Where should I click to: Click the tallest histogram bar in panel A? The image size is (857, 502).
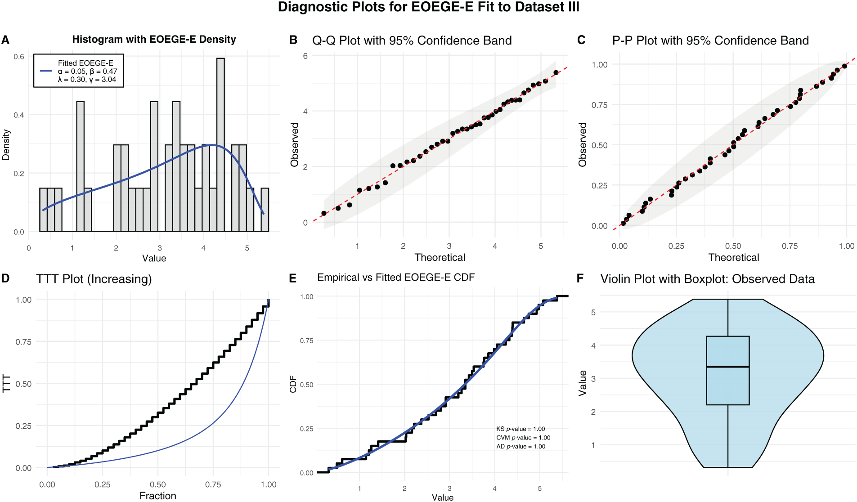pos(220,144)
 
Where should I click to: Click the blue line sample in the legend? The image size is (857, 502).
pos(46,71)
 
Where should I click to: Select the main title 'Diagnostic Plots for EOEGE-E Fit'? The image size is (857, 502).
pos(428,7)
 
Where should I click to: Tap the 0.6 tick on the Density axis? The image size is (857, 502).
pos(19,57)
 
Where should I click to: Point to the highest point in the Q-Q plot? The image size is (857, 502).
pos(556,72)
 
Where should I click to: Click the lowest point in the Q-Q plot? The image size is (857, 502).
pos(324,213)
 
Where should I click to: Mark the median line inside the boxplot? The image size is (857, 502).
pos(728,367)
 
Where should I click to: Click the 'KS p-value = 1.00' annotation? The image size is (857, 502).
pos(520,429)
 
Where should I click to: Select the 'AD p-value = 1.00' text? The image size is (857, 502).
pos(520,447)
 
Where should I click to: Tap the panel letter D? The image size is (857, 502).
pos(5,278)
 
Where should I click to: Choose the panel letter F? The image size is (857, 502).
pos(580,279)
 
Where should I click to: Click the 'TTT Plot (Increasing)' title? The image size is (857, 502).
pos(94,279)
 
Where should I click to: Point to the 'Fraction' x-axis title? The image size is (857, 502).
pos(158,496)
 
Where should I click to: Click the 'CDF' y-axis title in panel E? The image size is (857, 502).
pos(293,384)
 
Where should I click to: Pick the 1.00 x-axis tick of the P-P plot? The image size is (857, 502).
pos(847,246)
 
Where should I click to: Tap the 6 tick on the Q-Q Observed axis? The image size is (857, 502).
pos(305,56)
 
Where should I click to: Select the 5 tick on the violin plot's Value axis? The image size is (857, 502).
pos(593,312)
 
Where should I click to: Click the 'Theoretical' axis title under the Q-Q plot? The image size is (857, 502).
pos(440,257)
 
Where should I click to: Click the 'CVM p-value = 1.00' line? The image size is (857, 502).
pos(523,438)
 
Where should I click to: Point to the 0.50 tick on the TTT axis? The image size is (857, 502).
pos(23,384)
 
